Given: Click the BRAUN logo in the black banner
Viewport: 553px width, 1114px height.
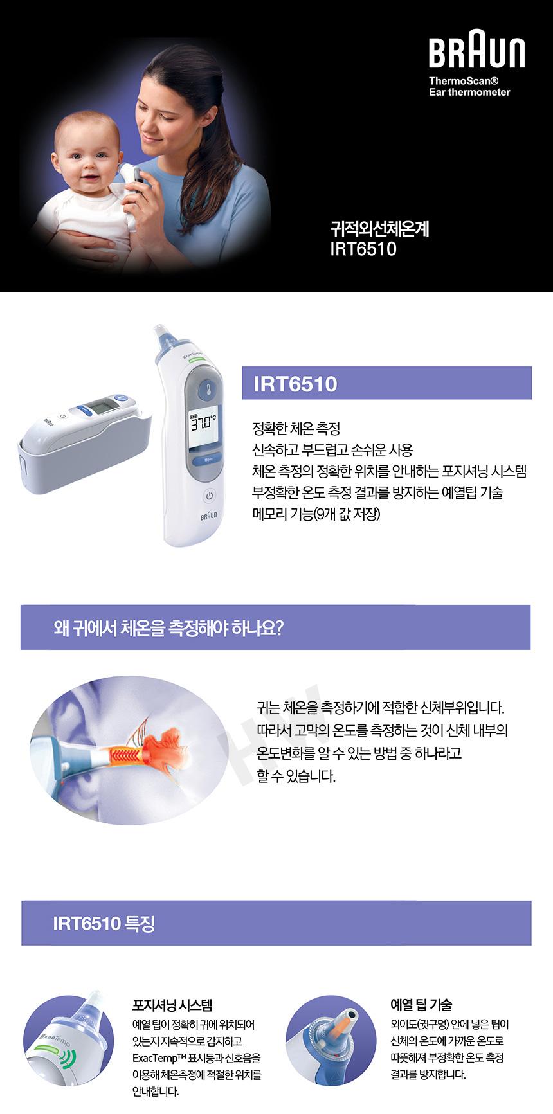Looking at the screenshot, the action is (476, 53).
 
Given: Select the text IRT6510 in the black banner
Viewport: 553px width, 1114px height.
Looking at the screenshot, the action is (363, 249).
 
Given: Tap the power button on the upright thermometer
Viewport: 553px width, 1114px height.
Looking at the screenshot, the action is (209, 496).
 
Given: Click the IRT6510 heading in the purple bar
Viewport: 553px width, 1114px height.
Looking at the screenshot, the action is (295, 384).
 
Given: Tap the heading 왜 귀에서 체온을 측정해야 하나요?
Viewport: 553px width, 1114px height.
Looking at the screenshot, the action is (168, 627).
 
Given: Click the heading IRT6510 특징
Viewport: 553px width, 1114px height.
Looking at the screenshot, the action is (104, 923).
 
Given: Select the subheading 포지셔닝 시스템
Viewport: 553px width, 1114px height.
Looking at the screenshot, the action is (172, 1005).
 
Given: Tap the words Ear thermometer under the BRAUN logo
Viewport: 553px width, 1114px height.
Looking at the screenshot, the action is (469, 92).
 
